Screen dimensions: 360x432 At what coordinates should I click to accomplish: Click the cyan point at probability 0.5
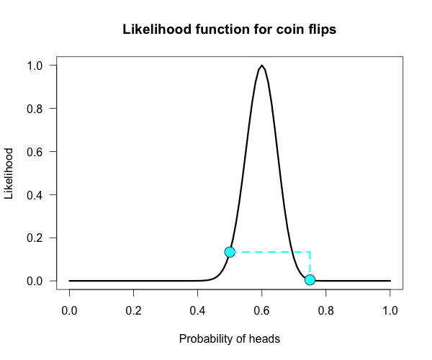230,252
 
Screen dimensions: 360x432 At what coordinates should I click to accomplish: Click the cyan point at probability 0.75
310,279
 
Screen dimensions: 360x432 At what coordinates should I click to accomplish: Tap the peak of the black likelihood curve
262,66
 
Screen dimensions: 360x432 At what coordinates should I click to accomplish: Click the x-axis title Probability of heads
230,338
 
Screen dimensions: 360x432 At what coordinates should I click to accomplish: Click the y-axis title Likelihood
9,174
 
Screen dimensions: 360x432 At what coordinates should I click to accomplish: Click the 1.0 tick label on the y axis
37,66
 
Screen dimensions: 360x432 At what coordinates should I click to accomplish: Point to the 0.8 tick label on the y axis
37,109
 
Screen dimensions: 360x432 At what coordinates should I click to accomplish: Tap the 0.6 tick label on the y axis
37,152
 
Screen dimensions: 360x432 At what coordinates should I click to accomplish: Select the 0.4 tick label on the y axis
37,194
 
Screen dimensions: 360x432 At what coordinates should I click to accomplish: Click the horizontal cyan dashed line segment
270,252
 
